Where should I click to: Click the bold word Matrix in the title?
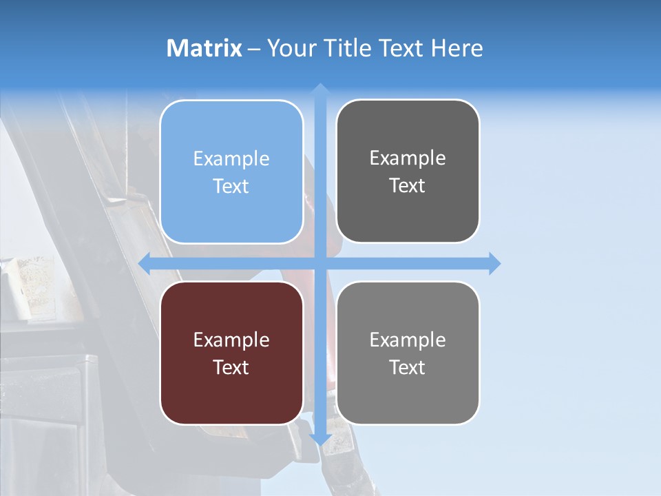click(204, 48)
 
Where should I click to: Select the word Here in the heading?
click(457, 48)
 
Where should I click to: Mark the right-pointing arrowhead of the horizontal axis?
click(494, 263)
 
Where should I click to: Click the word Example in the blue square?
click(231, 159)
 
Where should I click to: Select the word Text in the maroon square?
click(231, 367)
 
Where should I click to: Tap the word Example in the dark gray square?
click(408, 158)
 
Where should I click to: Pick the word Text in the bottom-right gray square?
click(408, 367)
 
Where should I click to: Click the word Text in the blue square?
click(231, 186)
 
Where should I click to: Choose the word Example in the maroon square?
click(231, 340)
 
